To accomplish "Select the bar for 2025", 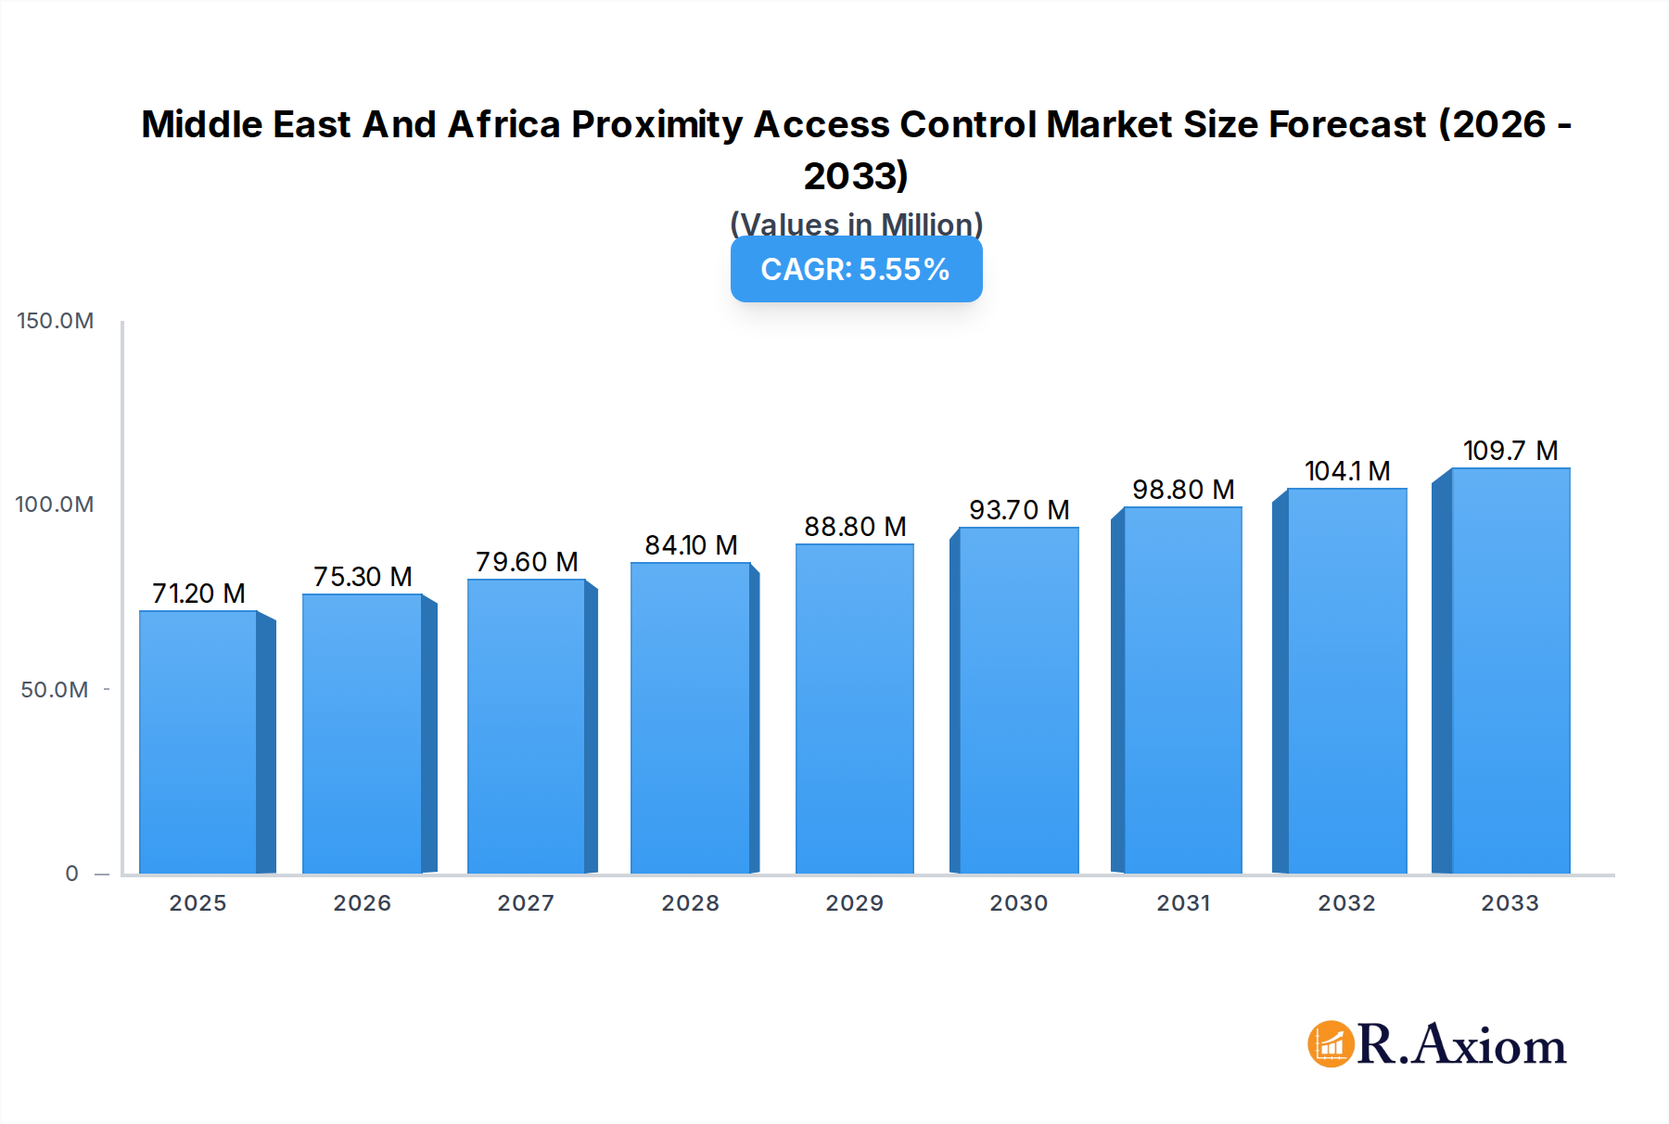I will [x=198, y=742].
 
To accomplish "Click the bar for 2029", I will [x=855, y=709].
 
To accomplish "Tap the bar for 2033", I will [x=1510, y=671].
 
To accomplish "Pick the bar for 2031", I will [x=1182, y=690].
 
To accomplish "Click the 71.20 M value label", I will [x=198, y=594].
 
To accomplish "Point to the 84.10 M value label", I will [x=691, y=545].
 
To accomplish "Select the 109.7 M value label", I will [x=1510, y=451].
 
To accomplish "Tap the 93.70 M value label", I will [x=1019, y=510].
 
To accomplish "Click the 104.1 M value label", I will [x=1346, y=471].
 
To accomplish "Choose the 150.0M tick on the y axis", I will [x=56, y=321].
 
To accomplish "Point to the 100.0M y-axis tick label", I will [x=55, y=505].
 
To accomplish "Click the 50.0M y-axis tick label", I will [x=55, y=690].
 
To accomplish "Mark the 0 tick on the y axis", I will [x=71, y=874].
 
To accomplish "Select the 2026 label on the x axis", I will [x=362, y=903].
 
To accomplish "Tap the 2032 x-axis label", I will [x=1346, y=903].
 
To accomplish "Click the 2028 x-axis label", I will [x=690, y=903].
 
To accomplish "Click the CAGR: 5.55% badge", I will [x=856, y=269].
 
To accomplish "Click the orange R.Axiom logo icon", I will [x=1331, y=1044].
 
